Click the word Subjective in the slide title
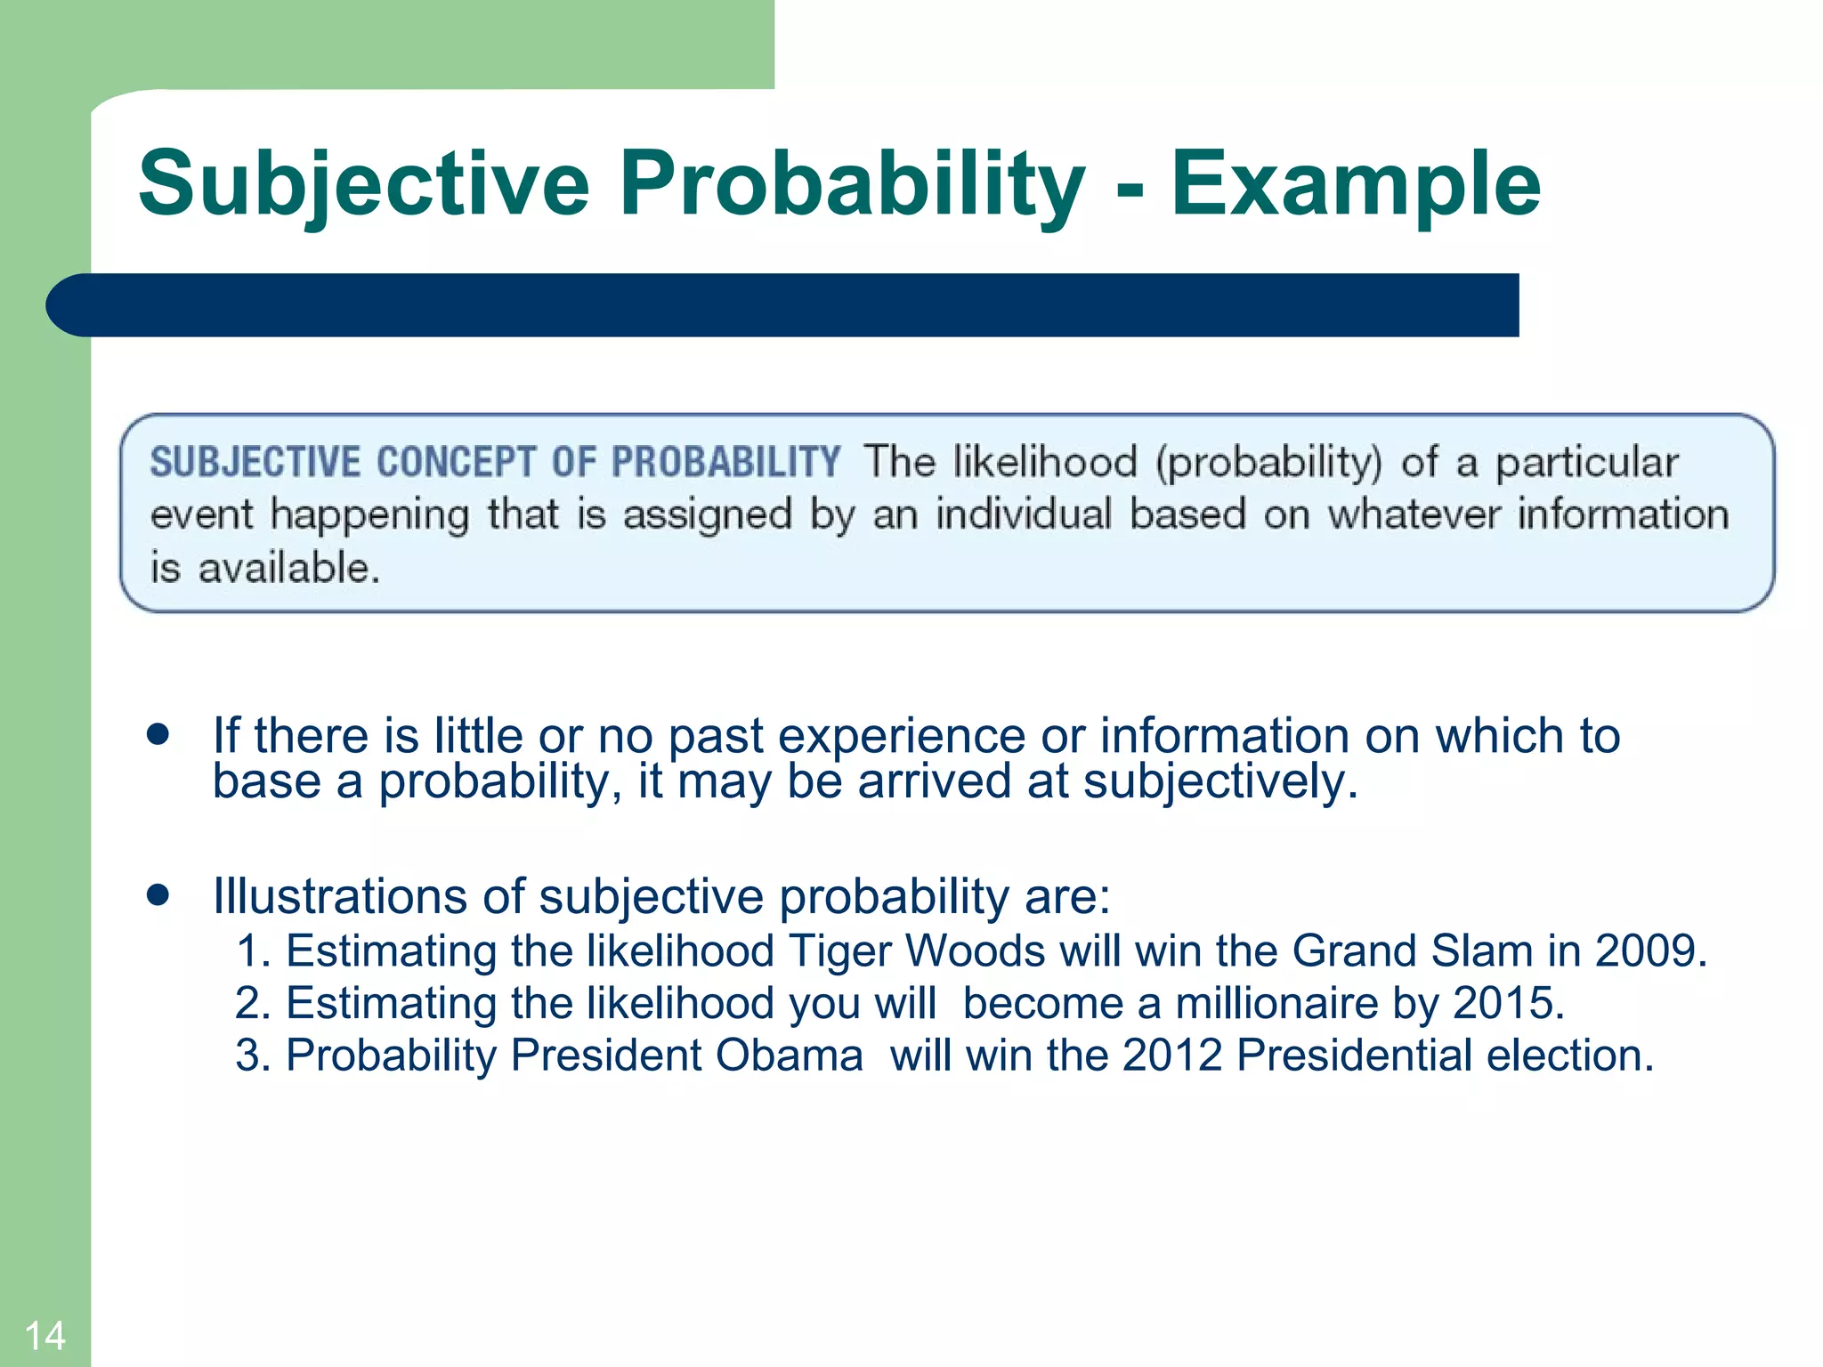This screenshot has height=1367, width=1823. [x=363, y=183]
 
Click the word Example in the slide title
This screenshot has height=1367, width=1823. [x=1355, y=183]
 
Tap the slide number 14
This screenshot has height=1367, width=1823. [x=45, y=1335]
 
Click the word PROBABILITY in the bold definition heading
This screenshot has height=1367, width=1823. [x=725, y=463]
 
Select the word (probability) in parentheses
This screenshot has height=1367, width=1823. [x=1269, y=463]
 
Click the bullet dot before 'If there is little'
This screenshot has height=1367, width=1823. [x=158, y=735]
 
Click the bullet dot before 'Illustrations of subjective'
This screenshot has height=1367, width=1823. [x=158, y=894]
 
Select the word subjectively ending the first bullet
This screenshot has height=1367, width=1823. [x=1219, y=781]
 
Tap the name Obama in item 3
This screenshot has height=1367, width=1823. [x=789, y=1056]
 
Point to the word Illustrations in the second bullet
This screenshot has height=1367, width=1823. [x=339, y=896]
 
